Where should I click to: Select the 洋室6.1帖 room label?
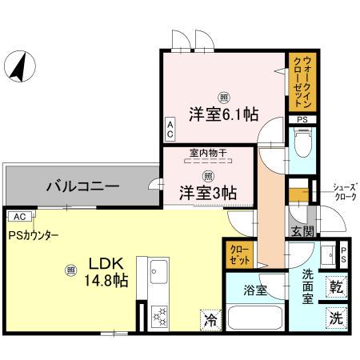tap(223, 114)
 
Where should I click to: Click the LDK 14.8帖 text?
tap(106, 272)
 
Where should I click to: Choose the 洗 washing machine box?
tap(337, 317)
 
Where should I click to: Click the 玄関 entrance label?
tap(302, 232)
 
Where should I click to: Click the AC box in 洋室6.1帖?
tap(170, 128)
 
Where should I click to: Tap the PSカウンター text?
tap(34, 235)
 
